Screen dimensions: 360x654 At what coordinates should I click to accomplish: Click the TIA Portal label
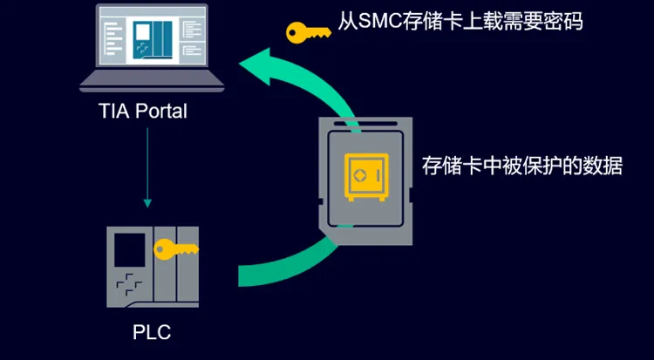[143, 112]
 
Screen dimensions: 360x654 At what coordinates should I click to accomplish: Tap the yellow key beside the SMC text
[308, 31]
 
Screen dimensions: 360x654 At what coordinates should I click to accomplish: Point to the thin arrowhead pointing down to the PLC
[147, 202]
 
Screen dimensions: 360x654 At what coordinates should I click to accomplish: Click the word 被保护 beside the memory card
[531, 166]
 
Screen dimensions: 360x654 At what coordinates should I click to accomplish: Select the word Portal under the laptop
[162, 112]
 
